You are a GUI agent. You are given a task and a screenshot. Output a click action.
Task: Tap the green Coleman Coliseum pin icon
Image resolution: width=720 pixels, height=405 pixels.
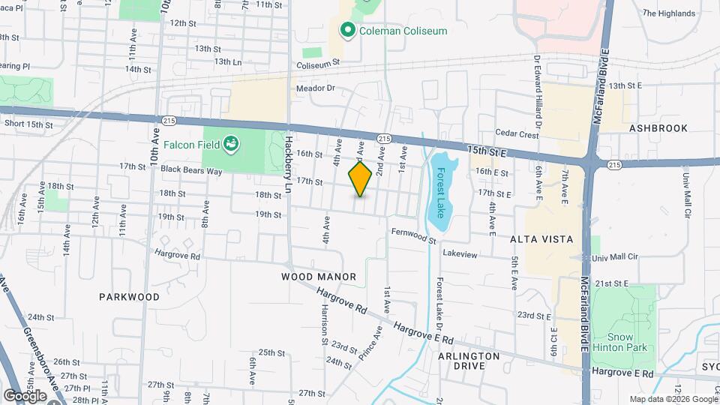coord(347,31)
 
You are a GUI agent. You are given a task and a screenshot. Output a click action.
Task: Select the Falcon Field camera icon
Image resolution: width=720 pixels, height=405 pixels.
coord(232,143)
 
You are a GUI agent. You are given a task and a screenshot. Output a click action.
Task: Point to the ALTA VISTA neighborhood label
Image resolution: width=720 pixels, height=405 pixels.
coord(541,239)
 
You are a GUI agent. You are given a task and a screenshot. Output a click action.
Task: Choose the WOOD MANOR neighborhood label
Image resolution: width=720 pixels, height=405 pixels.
coord(319,277)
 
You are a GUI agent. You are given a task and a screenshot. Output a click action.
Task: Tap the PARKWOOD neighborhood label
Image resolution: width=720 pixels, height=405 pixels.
coord(129,297)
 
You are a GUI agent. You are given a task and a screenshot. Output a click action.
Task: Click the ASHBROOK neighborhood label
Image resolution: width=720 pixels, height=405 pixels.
coord(658,128)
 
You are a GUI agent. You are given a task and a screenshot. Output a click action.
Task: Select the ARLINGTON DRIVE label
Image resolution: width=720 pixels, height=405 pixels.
coord(469,361)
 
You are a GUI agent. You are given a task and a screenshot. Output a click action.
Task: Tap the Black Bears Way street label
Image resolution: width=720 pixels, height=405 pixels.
coord(191,170)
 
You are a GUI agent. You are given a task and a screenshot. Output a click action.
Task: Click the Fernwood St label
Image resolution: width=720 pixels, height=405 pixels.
coord(413,235)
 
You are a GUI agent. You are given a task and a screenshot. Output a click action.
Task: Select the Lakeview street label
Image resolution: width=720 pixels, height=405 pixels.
coord(460,254)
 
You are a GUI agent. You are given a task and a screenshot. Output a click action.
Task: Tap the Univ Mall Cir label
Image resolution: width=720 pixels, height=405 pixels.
coord(614,256)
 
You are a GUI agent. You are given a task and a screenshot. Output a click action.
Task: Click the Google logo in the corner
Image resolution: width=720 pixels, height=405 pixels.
coord(25,395)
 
